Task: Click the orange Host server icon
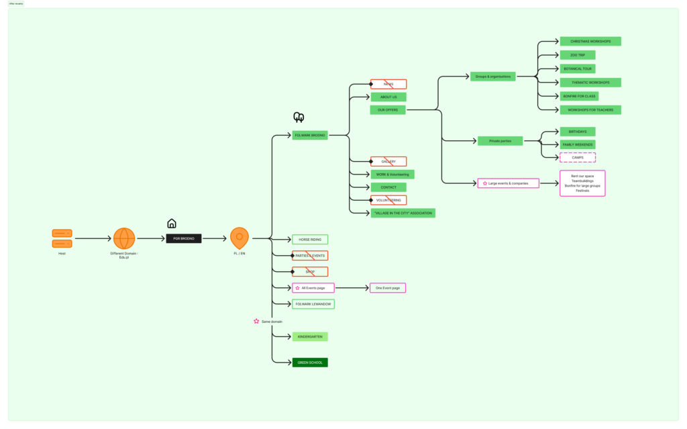[62, 238]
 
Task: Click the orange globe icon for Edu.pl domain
[124, 238]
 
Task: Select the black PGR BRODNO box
[183, 238]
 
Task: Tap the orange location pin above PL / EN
[240, 238]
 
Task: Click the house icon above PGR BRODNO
[172, 224]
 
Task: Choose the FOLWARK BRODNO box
[310, 136]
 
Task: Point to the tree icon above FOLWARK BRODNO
[299, 117]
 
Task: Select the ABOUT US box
[388, 97]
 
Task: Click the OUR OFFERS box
[388, 109]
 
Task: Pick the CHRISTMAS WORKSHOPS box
[590, 42]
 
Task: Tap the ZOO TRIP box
[577, 55]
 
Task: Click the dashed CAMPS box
[578, 157]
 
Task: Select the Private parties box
[500, 141]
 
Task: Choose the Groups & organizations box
[493, 77]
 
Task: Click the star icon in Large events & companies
[485, 183]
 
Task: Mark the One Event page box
[388, 288]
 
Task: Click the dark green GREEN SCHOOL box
[310, 363]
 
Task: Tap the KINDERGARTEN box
[310, 336]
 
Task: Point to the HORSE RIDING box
[310, 240]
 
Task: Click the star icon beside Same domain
[256, 322]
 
